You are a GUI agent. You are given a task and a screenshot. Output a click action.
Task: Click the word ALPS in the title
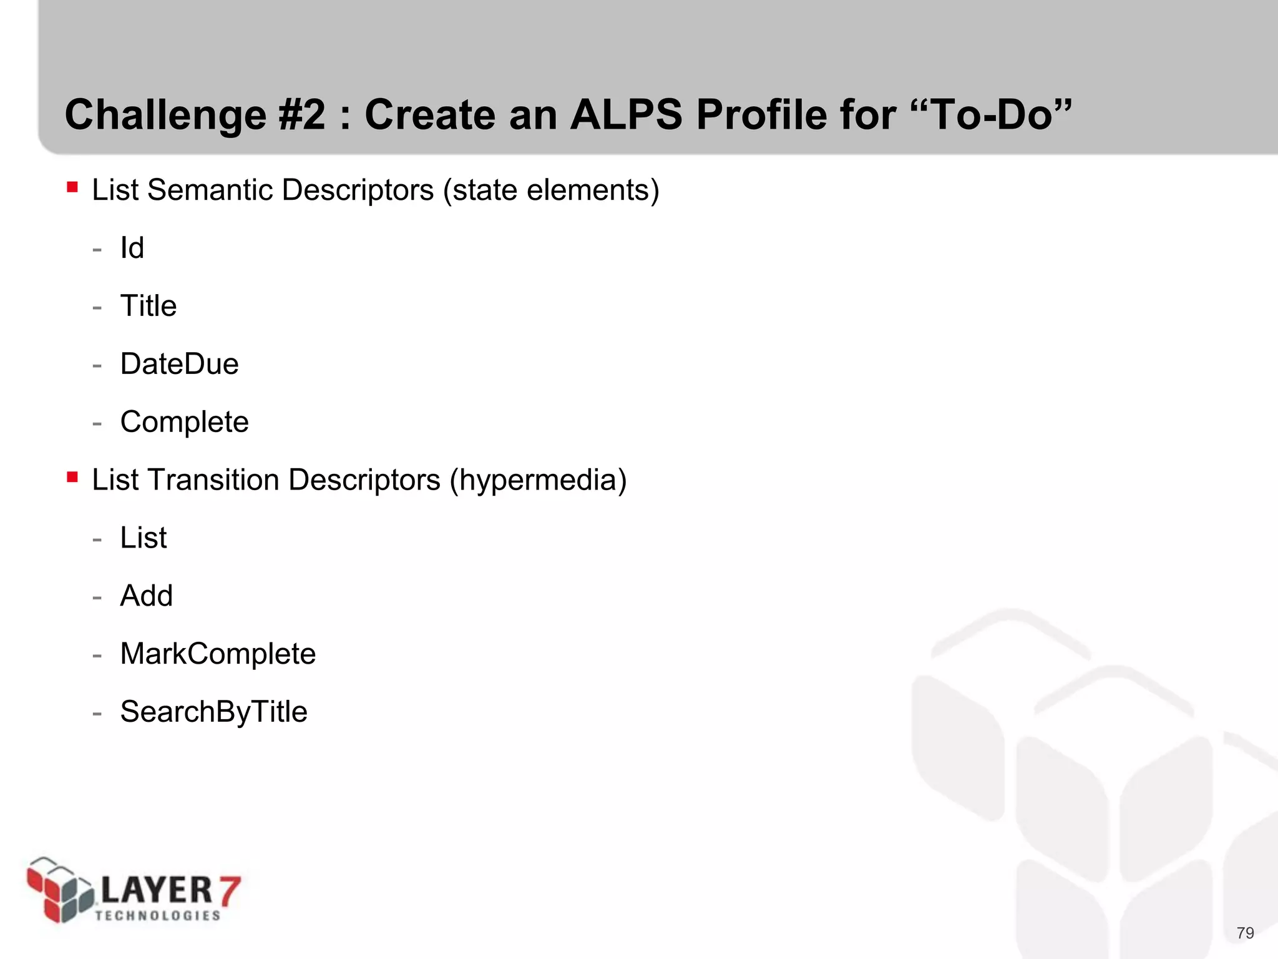click(626, 116)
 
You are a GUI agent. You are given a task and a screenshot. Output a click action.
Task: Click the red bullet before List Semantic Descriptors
click(72, 187)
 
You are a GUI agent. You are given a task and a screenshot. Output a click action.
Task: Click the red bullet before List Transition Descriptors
click(72, 477)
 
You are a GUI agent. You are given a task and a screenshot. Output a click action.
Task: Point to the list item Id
click(132, 248)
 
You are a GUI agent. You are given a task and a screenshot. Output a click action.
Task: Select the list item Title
click(149, 306)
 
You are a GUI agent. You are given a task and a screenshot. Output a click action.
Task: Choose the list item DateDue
click(179, 364)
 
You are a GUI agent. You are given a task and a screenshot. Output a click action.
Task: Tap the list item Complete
click(184, 422)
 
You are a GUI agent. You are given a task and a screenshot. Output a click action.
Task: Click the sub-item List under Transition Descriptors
click(144, 538)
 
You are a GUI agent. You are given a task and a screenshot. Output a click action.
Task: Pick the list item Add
click(146, 596)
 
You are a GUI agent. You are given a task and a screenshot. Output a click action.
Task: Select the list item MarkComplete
click(218, 654)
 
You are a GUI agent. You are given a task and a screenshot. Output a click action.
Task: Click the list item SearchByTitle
click(213, 712)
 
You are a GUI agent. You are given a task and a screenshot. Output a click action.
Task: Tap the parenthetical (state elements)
click(551, 190)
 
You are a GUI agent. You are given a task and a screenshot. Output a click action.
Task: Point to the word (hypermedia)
click(538, 480)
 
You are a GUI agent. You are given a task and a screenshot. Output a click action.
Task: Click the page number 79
click(1245, 933)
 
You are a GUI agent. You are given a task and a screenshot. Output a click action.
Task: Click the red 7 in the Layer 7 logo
click(228, 890)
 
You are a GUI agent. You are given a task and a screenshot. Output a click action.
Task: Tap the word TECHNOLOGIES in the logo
click(158, 915)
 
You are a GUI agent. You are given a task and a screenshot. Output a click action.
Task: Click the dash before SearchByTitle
click(97, 713)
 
